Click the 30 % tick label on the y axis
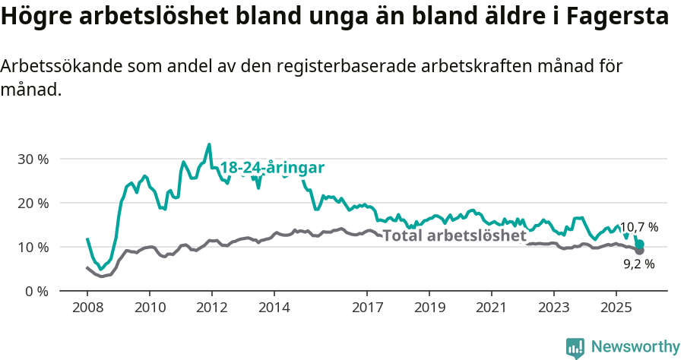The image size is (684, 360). click(x=33, y=159)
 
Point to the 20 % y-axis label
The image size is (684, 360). click(x=33, y=204)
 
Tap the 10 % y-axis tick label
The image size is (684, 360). click(x=33, y=248)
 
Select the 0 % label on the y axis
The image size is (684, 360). click(x=36, y=292)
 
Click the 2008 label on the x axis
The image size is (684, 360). click(x=87, y=310)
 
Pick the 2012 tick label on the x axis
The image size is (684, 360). click(x=211, y=310)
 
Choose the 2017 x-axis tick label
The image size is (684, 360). click(x=367, y=310)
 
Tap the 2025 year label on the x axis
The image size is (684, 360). click(x=615, y=310)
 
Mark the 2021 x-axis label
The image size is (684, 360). click(x=491, y=310)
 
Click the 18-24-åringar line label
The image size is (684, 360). click(x=272, y=168)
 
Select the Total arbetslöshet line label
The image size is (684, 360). click(x=454, y=235)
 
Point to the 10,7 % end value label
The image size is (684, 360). click(x=638, y=227)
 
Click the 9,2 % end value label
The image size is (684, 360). click(x=638, y=264)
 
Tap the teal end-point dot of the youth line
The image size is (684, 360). click(x=640, y=244)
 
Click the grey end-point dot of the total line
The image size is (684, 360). click(x=640, y=251)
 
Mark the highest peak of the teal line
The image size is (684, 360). click(x=209, y=144)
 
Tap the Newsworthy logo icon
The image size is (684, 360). click(x=575, y=348)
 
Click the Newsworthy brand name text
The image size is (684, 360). click(x=635, y=347)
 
